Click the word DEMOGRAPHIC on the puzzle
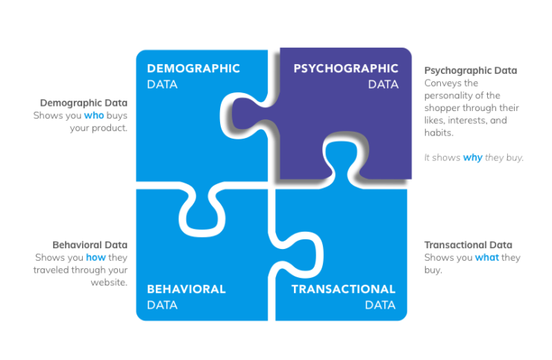[x=193, y=69]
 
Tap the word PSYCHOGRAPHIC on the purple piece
[x=345, y=69]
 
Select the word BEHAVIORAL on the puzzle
[x=186, y=289]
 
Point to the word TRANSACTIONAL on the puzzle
[x=343, y=289]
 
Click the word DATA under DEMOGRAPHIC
[x=162, y=84]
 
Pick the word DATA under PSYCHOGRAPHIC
[x=383, y=84]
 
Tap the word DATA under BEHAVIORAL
[x=162, y=305]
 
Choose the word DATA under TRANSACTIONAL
[x=380, y=305]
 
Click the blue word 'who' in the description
[x=93, y=116]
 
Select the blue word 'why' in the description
[x=472, y=157]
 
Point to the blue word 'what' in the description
[x=488, y=257]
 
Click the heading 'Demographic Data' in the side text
[x=84, y=103]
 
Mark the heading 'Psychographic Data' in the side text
[x=471, y=70]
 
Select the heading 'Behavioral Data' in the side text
[x=90, y=244]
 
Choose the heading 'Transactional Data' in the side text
[x=468, y=244]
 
